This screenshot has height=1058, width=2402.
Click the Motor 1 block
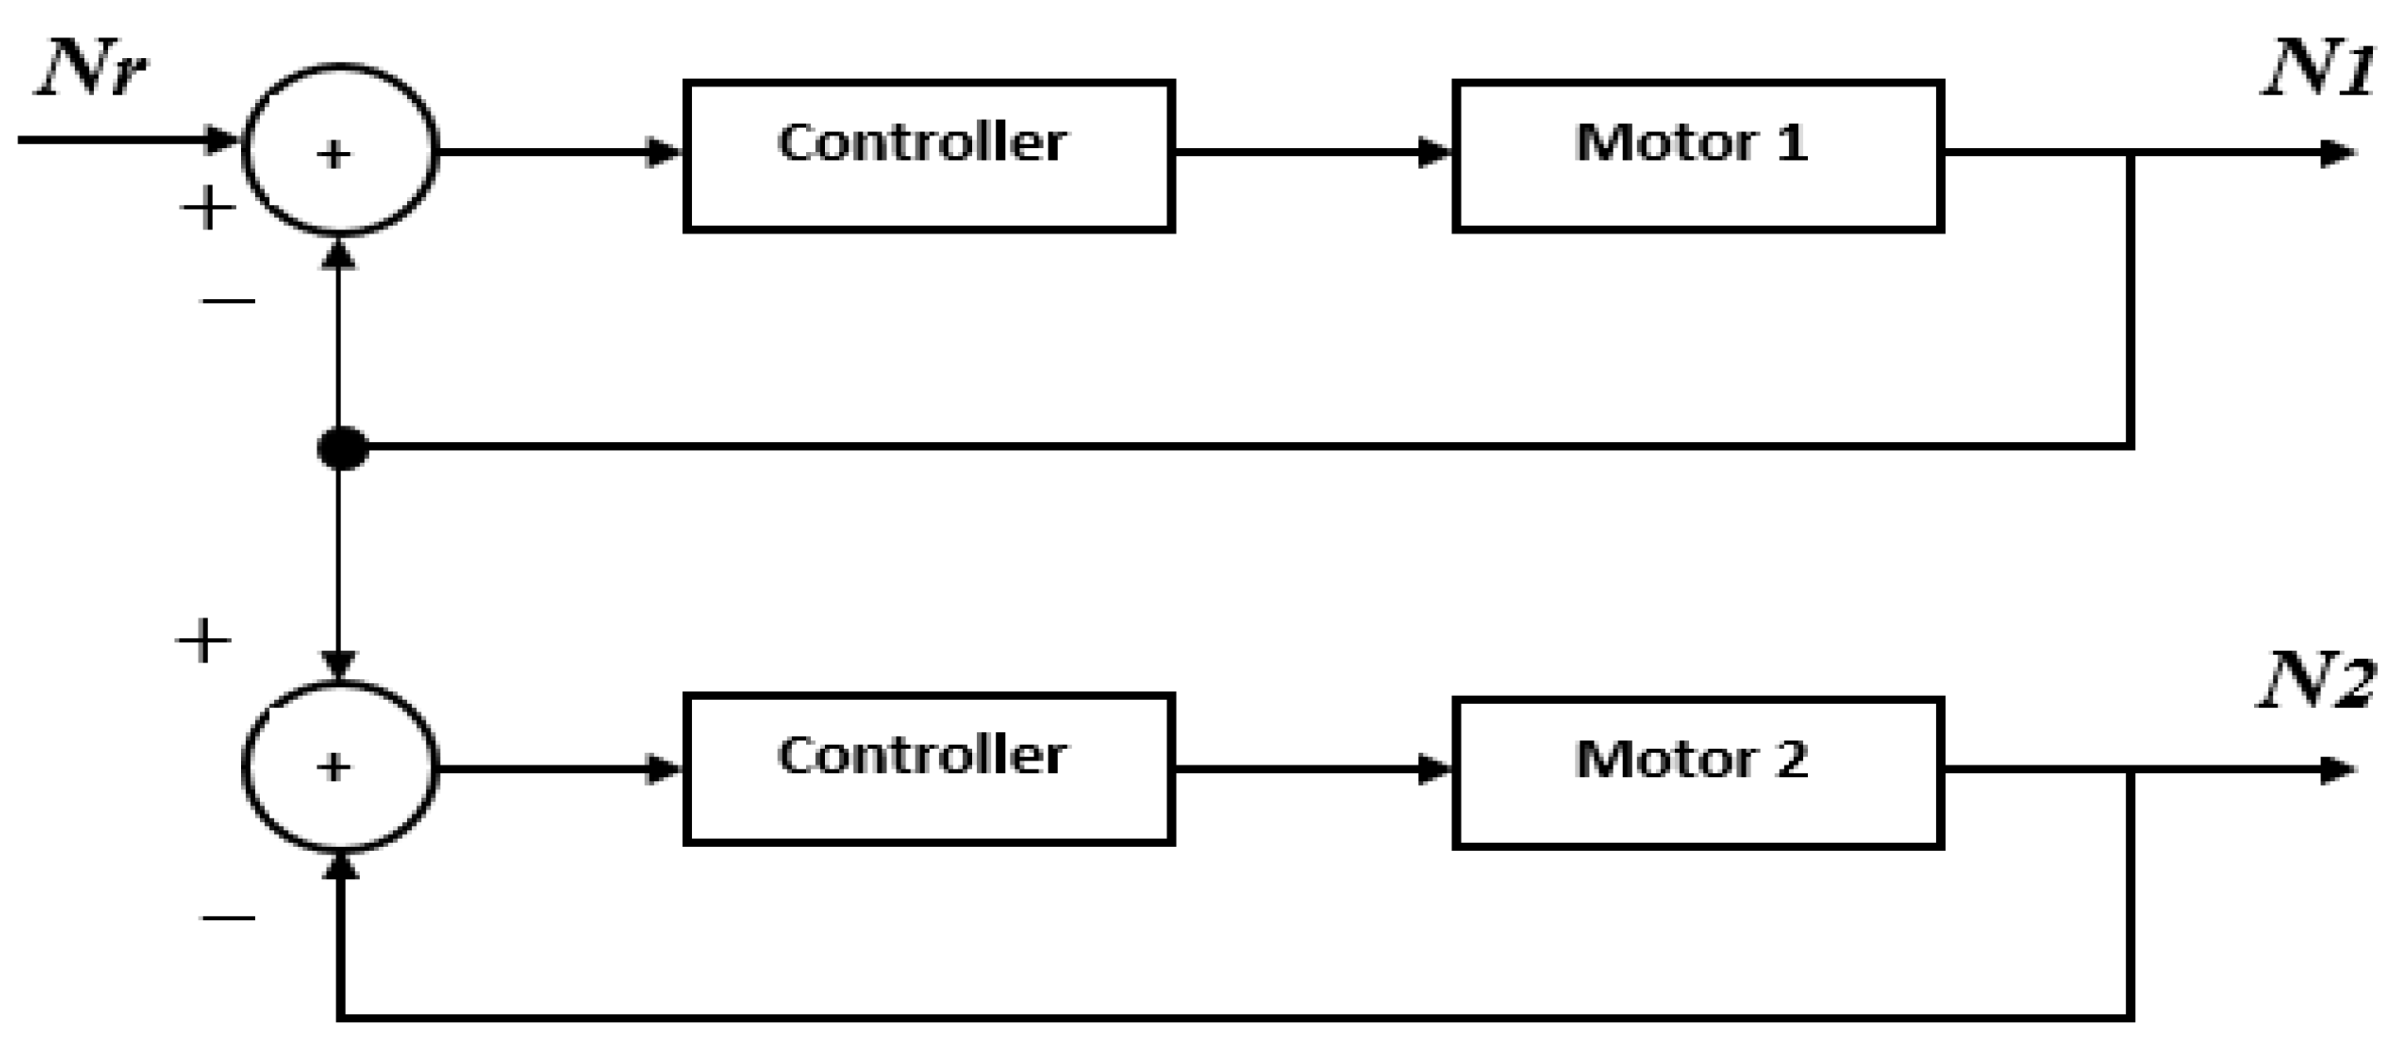1698,155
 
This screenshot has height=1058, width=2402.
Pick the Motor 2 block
1698,772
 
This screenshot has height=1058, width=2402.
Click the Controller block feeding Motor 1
929,155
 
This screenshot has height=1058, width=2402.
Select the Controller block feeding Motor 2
929,769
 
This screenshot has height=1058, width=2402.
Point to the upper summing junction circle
340,150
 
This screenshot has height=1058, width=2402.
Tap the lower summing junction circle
340,767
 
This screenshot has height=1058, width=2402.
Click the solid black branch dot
342,449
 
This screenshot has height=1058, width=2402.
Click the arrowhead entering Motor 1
1434,152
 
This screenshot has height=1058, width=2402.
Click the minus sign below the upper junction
228,300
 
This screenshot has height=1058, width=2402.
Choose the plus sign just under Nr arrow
207,208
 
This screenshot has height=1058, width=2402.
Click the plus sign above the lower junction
204,642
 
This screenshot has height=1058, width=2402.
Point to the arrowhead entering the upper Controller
664,152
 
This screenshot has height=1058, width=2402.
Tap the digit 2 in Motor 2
1791,760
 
